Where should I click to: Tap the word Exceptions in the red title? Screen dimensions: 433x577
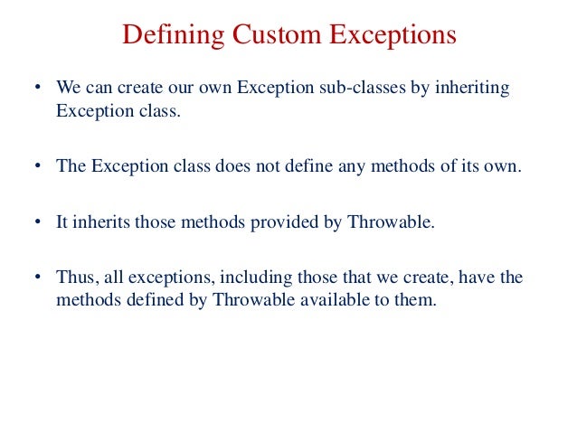click(x=388, y=36)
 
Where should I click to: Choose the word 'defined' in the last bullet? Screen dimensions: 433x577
click(x=151, y=300)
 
